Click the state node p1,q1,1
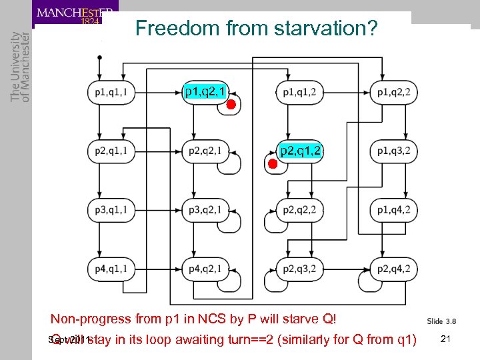[x=111, y=93]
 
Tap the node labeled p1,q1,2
[x=300, y=93]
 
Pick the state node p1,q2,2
[x=394, y=93]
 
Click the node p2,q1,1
[x=111, y=151]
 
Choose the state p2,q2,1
[x=206, y=151]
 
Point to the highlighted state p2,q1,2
[x=301, y=151]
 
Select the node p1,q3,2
[x=394, y=151]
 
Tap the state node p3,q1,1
[x=111, y=210]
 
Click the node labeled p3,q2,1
[x=206, y=210]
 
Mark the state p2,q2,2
[x=300, y=210]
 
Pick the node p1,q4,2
[x=394, y=210]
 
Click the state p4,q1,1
[x=111, y=269]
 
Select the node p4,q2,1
[x=206, y=269]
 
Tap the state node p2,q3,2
[x=300, y=269]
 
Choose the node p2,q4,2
[x=394, y=269]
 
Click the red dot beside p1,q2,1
[x=230, y=105]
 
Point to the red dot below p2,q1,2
[x=272, y=163]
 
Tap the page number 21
[x=446, y=339]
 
